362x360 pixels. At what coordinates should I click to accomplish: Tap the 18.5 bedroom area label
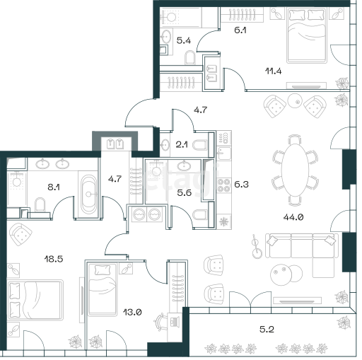(54, 260)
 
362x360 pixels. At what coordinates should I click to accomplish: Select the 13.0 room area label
(132, 313)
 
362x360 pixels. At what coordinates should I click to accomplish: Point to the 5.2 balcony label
(267, 329)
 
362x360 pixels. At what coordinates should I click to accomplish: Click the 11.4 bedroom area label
(274, 71)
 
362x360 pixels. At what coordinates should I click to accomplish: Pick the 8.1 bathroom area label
(54, 187)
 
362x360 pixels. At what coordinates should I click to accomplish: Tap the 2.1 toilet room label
(182, 144)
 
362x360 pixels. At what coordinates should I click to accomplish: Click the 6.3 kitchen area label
(241, 184)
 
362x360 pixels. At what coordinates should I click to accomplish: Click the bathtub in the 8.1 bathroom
(88, 194)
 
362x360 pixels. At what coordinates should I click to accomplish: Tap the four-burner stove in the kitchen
(223, 185)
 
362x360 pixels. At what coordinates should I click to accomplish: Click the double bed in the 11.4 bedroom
(307, 35)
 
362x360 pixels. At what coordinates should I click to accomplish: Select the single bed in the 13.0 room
(103, 290)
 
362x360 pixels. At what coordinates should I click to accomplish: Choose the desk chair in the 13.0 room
(160, 320)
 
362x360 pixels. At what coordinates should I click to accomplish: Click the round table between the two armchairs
(295, 101)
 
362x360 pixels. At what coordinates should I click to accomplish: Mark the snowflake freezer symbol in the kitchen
(223, 221)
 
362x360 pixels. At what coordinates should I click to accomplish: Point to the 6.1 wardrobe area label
(240, 30)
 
